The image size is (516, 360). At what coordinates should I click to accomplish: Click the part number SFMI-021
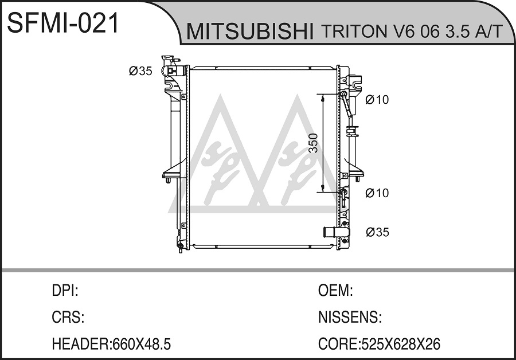tap(62, 24)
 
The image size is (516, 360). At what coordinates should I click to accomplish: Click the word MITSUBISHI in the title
tap(250, 32)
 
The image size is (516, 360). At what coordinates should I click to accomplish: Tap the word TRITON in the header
tap(354, 32)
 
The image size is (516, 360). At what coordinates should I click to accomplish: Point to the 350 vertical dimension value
tap(314, 143)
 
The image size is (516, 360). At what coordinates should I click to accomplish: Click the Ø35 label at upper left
tap(140, 71)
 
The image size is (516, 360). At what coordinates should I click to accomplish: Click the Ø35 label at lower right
tap(377, 232)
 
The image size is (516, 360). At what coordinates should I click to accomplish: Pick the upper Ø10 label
tap(377, 99)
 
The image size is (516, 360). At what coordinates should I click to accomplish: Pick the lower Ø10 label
tap(377, 193)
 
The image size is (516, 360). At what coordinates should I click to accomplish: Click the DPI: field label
tap(65, 291)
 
